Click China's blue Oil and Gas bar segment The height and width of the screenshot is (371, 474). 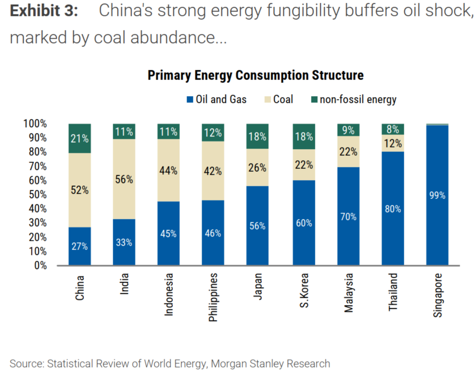pos(80,246)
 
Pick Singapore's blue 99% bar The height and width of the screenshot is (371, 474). pos(437,195)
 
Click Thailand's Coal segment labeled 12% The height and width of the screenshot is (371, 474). pos(392,143)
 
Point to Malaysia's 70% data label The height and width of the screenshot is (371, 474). pos(348,217)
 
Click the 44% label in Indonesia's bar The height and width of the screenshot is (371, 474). pos(169,171)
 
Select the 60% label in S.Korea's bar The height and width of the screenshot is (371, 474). pos(303,223)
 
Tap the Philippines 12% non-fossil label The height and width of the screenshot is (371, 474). pos(213,132)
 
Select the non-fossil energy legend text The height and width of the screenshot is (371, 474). pos(358,100)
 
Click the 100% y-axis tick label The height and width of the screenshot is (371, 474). pos(34,124)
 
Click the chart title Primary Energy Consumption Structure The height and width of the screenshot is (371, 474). pos(255,75)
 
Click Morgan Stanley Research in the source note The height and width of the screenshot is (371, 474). pos(270,363)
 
